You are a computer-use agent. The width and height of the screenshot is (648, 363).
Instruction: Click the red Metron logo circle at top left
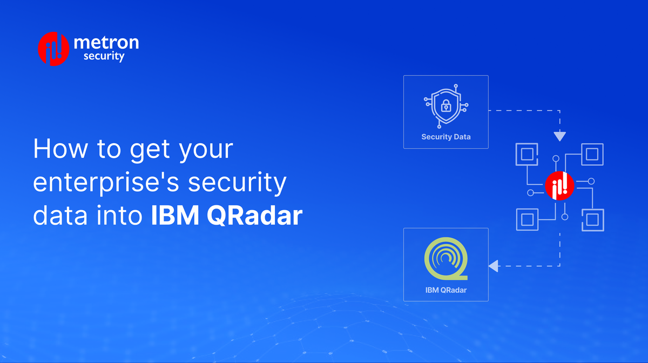[x=53, y=49]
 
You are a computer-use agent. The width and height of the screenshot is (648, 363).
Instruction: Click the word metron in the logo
[x=106, y=43]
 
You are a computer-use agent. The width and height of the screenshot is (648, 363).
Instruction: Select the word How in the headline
[x=59, y=149]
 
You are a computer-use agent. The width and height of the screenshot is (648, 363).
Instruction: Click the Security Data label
[x=446, y=137]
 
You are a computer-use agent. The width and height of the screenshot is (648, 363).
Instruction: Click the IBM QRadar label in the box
[x=446, y=290]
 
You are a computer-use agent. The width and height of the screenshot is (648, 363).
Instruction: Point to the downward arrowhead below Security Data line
[x=560, y=137]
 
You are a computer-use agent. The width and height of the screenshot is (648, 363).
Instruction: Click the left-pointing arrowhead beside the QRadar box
[x=493, y=266]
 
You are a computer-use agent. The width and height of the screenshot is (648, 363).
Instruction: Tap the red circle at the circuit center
[x=559, y=186]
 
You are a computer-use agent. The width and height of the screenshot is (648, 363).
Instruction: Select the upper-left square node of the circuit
[x=527, y=154]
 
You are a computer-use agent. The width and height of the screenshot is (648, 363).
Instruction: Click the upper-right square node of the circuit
[x=592, y=154]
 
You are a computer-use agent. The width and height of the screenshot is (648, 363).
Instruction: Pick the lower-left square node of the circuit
[x=527, y=219]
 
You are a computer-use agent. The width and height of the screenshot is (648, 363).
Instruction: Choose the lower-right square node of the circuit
[x=592, y=219]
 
